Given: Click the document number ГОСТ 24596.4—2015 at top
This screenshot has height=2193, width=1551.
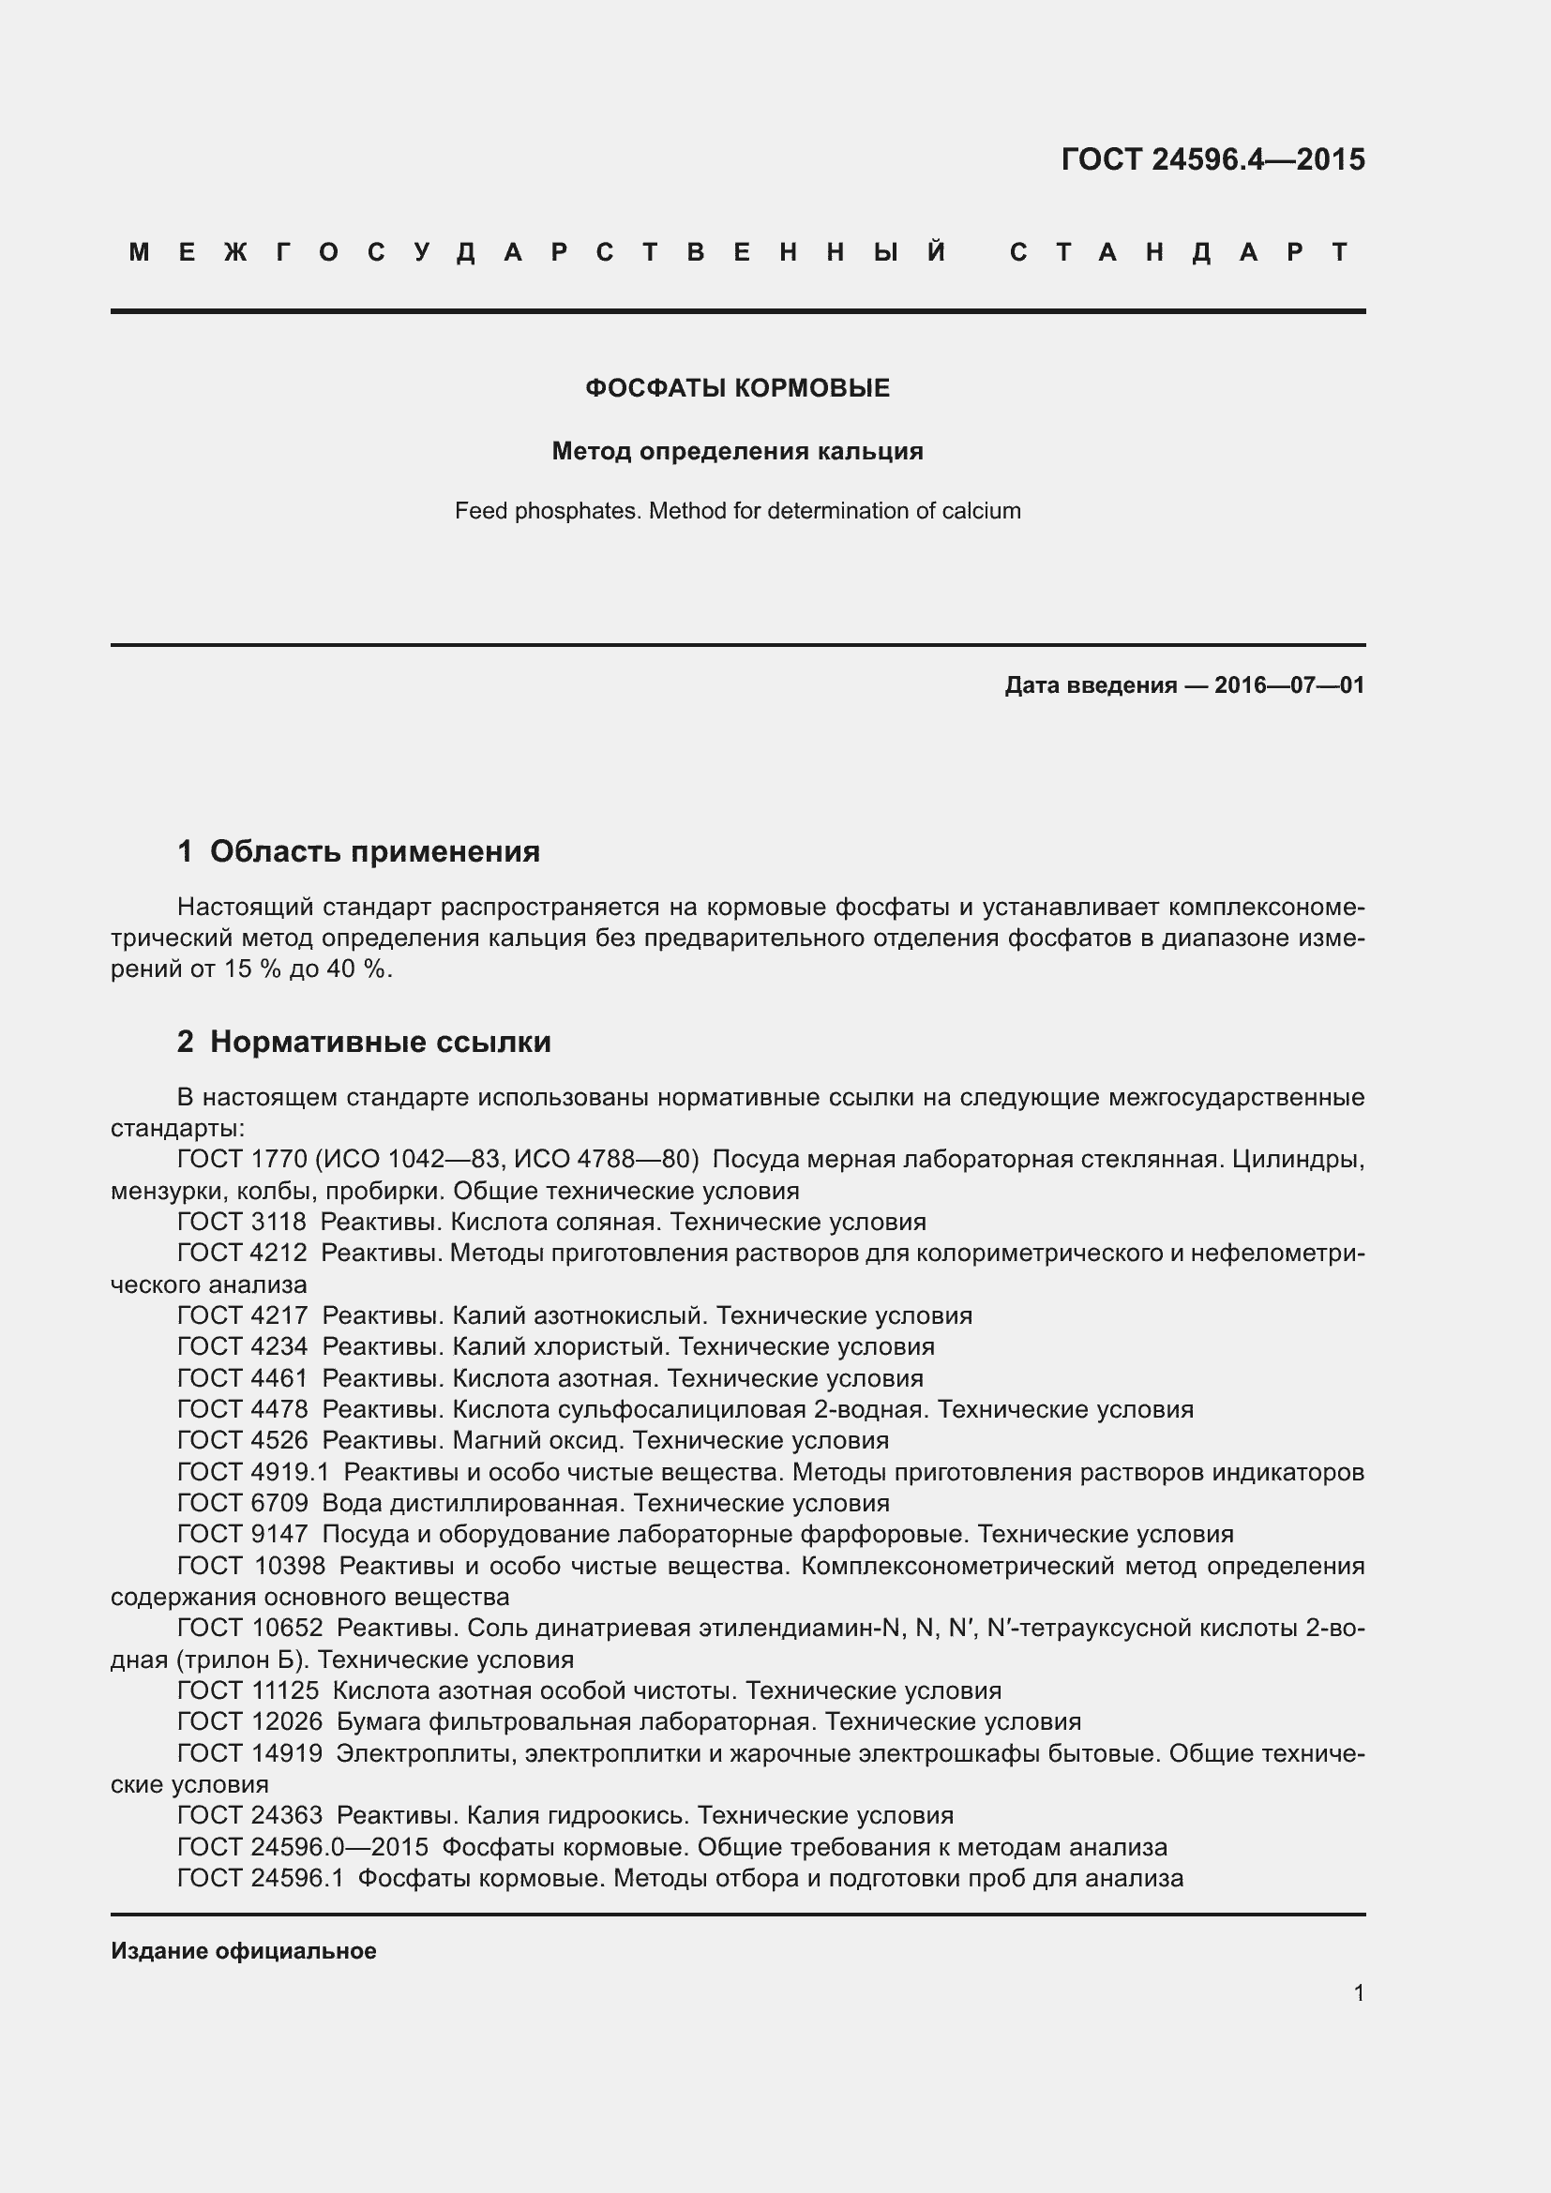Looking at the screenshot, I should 1212,158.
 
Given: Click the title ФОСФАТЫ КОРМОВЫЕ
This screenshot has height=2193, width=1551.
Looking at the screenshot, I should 737,388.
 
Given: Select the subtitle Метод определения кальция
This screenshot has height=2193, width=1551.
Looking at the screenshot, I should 737,451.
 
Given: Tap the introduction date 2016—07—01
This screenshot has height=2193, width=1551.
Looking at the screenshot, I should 1288,684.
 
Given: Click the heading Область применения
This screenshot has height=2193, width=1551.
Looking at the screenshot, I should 374,851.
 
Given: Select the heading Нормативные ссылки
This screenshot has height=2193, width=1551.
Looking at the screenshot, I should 380,1041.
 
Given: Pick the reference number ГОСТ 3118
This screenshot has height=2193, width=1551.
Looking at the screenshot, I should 242,1222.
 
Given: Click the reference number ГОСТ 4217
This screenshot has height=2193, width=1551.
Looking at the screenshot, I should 242,1315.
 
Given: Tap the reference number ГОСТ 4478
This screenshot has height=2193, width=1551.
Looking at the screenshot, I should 242,1409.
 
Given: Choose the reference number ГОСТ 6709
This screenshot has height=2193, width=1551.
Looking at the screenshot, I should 242,1503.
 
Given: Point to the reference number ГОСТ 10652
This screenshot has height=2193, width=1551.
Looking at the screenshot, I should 249,1628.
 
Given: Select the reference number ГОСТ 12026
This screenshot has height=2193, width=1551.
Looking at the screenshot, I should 249,1722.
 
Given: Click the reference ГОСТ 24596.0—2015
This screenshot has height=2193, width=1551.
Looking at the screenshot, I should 303,1847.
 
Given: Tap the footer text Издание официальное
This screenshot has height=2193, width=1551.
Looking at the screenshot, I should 244,1950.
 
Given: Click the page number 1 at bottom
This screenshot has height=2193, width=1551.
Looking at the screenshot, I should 1358,1992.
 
